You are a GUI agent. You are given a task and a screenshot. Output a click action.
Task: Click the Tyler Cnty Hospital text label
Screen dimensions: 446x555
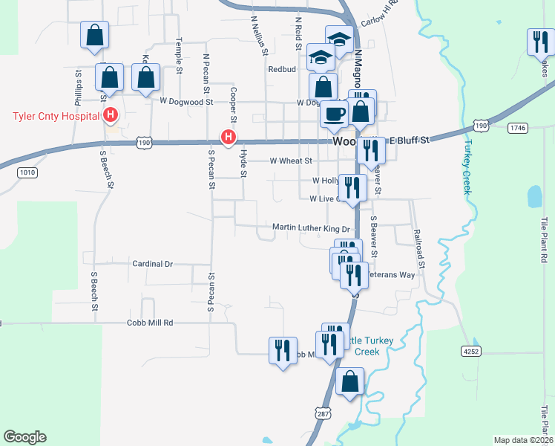click(x=56, y=116)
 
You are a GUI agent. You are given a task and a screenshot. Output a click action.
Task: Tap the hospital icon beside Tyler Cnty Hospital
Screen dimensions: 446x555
click(x=111, y=116)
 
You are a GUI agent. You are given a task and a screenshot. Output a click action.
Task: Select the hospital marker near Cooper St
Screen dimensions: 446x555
click(x=229, y=138)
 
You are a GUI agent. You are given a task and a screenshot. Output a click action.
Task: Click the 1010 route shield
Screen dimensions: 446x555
click(x=26, y=172)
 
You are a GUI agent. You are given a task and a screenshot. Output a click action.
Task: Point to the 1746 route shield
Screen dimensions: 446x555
click(x=518, y=129)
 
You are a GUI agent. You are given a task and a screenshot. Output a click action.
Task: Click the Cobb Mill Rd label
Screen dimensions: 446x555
click(x=149, y=323)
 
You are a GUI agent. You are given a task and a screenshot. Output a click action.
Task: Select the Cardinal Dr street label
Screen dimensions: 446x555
click(x=152, y=264)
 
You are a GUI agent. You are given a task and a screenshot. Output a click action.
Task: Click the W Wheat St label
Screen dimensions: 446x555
click(x=291, y=160)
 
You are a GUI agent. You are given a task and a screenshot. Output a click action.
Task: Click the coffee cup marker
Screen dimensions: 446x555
click(x=333, y=114)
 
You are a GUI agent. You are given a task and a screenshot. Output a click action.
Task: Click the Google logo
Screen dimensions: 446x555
click(x=24, y=437)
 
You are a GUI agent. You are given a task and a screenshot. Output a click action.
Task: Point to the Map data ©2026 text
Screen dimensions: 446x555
click(x=523, y=440)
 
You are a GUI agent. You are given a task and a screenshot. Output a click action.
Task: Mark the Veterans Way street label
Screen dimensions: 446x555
click(x=393, y=275)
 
